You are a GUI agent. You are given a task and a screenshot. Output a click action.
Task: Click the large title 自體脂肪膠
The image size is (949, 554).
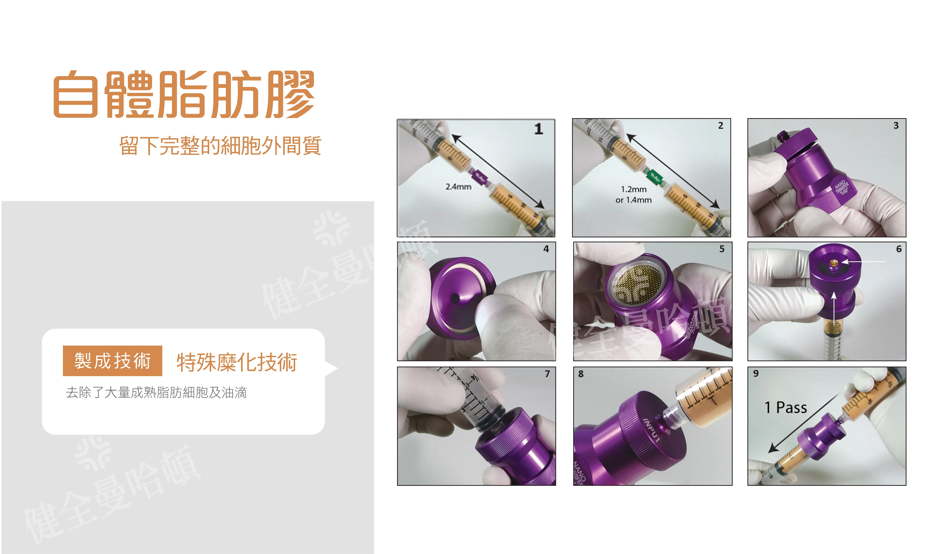(184, 94)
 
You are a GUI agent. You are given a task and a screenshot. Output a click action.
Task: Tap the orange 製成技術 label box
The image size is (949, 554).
(112, 361)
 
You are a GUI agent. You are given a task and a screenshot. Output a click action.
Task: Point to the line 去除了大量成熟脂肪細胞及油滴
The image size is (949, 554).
(156, 392)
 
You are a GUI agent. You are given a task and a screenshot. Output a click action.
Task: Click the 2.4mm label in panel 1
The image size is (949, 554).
(458, 187)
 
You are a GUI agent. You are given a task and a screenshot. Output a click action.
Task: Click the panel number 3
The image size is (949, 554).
(896, 126)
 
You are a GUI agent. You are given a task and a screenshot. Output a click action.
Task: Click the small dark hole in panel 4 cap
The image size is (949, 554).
(455, 299)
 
